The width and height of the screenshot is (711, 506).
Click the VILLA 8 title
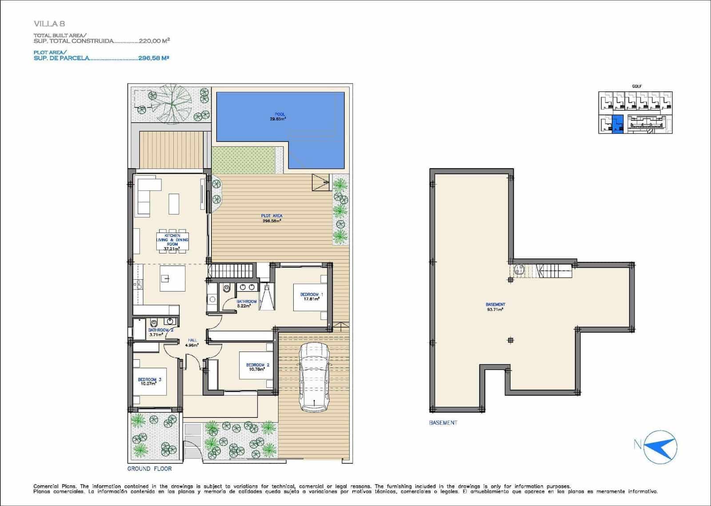click(x=49, y=24)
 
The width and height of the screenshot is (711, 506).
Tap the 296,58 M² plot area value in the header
click(x=153, y=58)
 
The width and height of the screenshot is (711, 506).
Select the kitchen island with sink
click(x=172, y=278)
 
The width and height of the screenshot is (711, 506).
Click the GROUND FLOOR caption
click(x=149, y=469)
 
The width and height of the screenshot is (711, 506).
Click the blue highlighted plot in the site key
click(x=617, y=124)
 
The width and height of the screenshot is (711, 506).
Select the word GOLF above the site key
click(x=636, y=86)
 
